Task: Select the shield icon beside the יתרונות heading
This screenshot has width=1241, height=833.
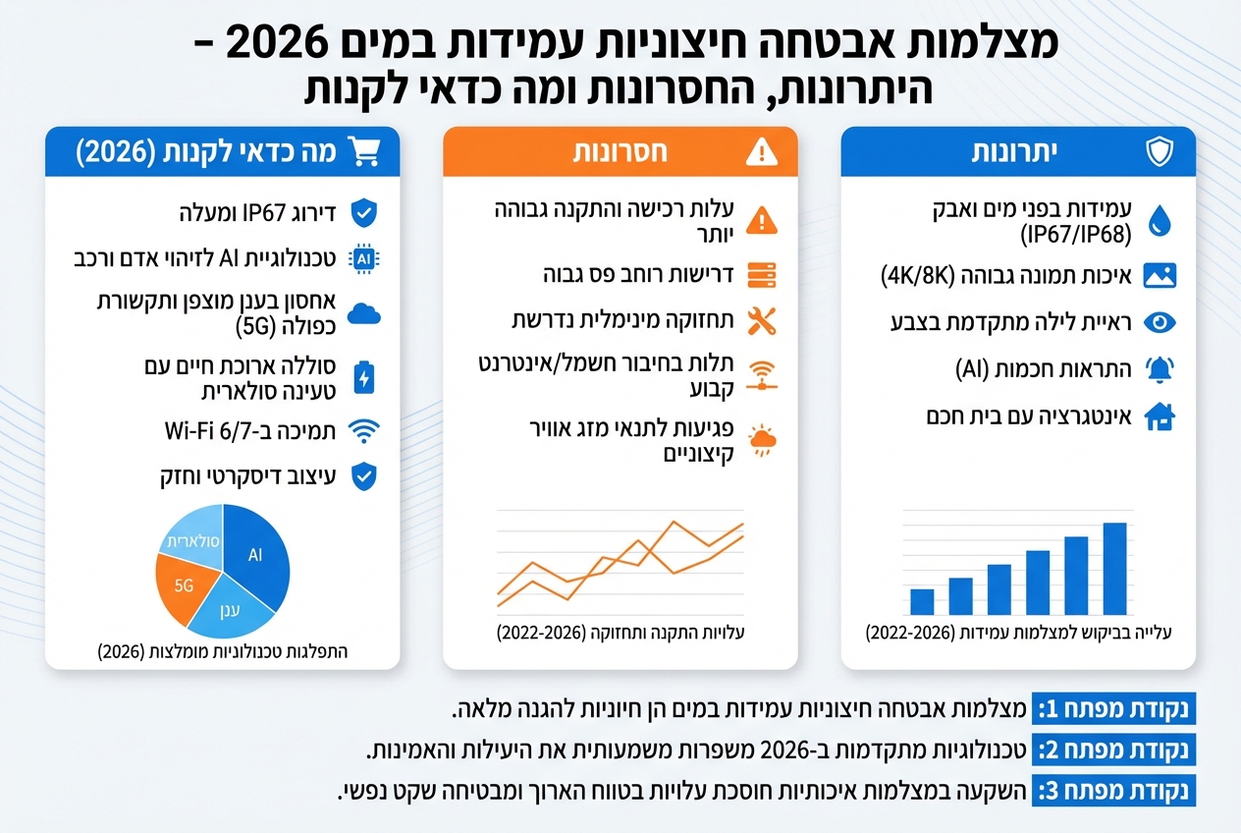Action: pyautogui.click(x=1160, y=152)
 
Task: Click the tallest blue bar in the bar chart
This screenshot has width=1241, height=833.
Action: pyautogui.click(x=1114, y=569)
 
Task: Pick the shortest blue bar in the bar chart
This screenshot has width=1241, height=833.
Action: pyautogui.click(x=922, y=601)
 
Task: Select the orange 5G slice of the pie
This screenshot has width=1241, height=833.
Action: pyautogui.click(x=181, y=586)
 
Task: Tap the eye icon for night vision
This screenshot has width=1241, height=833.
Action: pyautogui.click(x=1160, y=322)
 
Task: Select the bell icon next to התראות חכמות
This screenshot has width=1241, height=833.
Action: pyautogui.click(x=1160, y=369)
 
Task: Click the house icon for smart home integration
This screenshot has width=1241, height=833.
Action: pyautogui.click(x=1160, y=417)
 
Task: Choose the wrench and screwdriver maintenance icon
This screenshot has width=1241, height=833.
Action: pyautogui.click(x=762, y=320)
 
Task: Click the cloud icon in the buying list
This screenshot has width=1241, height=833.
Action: pyautogui.click(x=364, y=313)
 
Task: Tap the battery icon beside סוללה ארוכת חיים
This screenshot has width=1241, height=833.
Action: pyautogui.click(x=364, y=378)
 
